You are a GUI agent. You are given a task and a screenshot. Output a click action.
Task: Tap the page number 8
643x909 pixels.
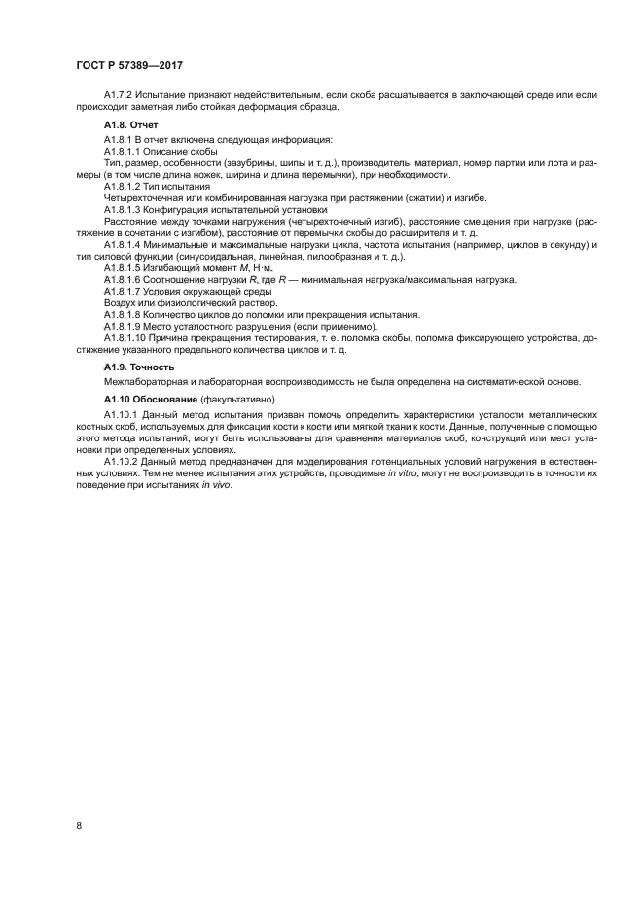tap(78, 826)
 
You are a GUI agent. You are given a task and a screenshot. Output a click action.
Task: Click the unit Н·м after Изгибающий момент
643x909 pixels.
tap(281, 266)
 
